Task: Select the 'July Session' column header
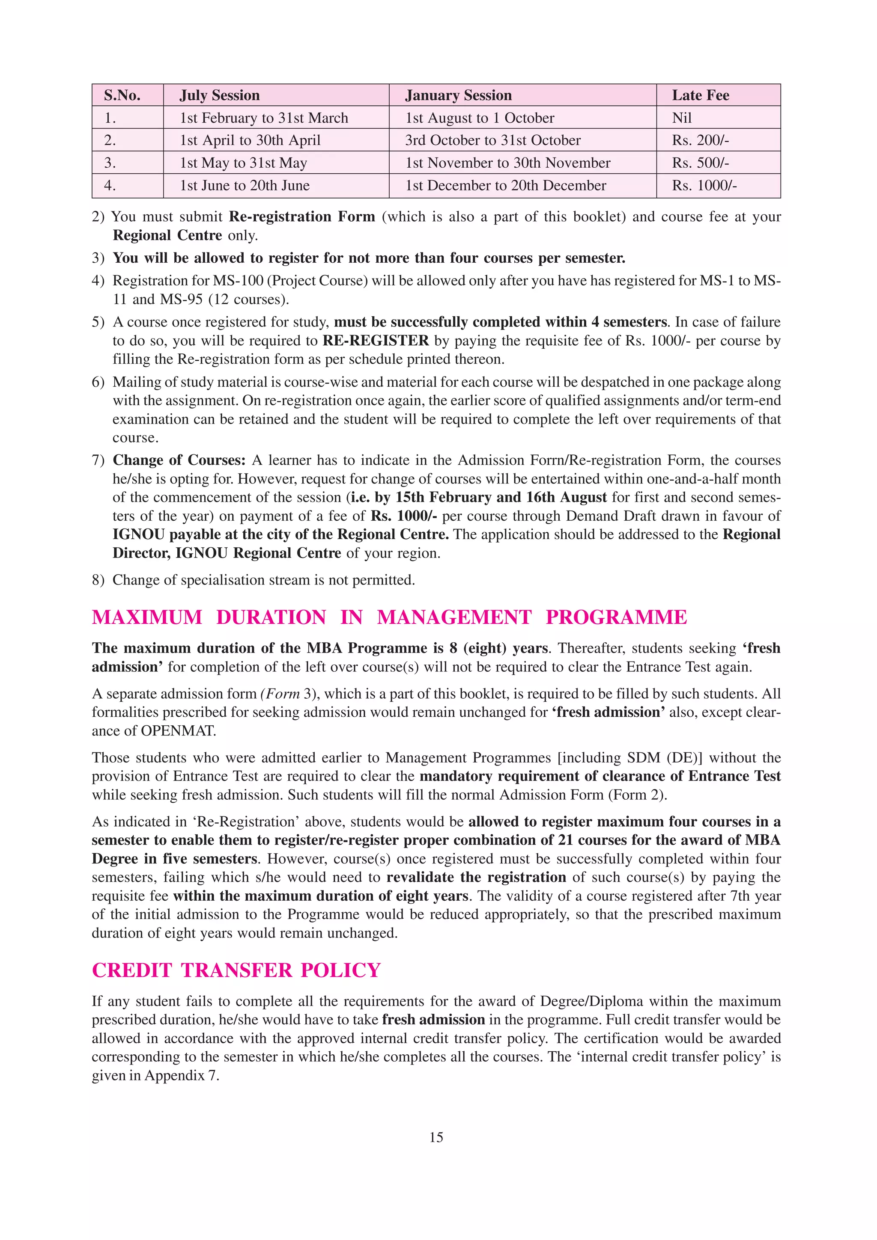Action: point(219,95)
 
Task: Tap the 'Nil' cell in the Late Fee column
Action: point(681,118)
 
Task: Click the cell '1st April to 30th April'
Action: point(250,140)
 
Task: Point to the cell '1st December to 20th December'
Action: point(505,186)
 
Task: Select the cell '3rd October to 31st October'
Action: point(492,140)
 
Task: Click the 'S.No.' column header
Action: point(122,95)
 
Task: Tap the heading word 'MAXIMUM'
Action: point(147,617)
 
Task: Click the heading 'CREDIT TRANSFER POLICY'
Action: point(236,970)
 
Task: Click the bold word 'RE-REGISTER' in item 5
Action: point(376,341)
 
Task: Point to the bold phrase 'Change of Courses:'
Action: point(179,460)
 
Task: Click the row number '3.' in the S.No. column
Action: point(110,163)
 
